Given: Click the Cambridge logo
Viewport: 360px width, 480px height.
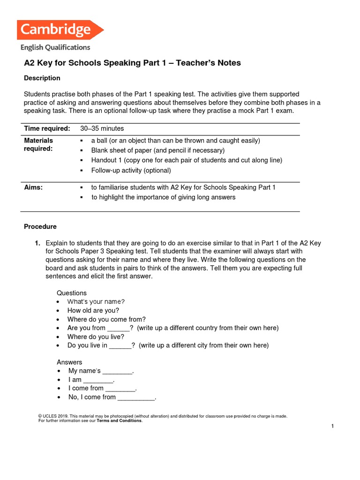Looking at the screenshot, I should [60, 30].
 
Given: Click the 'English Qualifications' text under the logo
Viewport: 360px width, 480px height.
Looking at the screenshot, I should [55, 47].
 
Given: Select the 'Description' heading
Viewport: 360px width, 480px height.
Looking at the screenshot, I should [42, 78].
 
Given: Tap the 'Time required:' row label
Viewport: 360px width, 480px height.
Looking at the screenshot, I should [47, 128].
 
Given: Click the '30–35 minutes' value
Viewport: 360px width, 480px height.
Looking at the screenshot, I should [102, 128].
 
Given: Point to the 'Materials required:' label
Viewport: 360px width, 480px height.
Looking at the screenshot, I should [38, 144].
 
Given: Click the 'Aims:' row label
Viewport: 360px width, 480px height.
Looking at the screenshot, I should [33, 187].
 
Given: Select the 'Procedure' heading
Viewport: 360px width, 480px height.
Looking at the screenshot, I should [40, 226].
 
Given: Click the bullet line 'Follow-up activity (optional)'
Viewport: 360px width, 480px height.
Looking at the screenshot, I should [131, 170].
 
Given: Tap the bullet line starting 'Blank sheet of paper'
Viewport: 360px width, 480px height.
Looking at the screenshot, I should [157, 150].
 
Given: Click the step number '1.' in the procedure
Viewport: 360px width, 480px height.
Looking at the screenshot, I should [37, 243].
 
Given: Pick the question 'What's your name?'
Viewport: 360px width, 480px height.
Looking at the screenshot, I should [96, 301].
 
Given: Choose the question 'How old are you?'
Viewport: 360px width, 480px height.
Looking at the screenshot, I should [93, 310].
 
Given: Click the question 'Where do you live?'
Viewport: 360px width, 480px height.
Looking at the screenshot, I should [96, 337].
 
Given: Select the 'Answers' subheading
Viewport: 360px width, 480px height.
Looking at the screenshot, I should [69, 362].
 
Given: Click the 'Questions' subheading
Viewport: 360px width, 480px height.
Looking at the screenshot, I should [72, 293].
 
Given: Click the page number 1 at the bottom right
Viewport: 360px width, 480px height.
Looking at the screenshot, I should [332, 426].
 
